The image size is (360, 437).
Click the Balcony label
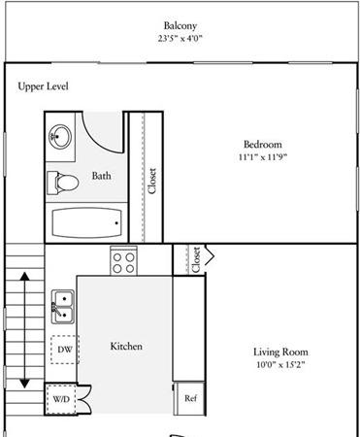point(180,25)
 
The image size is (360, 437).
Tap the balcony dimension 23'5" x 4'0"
point(180,39)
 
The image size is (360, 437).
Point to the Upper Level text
point(43,86)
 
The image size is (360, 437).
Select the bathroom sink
point(60,137)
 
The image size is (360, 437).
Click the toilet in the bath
point(63,184)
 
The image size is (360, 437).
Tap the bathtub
point(87,222)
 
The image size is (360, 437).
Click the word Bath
point(102,176)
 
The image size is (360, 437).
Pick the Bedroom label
point(263,145)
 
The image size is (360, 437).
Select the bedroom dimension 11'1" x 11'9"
point(263,157)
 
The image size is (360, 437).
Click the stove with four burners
point(123,261)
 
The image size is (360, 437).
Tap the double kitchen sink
point(63,307)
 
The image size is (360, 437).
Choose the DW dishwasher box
point(65,350)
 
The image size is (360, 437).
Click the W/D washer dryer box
point(61,399)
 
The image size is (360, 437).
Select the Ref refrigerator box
point(189,398)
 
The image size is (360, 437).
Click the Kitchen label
point(126,347)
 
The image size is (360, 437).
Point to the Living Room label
point(280,352)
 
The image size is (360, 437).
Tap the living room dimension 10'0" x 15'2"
point(280,365)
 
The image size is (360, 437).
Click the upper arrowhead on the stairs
point(25,276)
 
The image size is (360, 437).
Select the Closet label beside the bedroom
point(151,181)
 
